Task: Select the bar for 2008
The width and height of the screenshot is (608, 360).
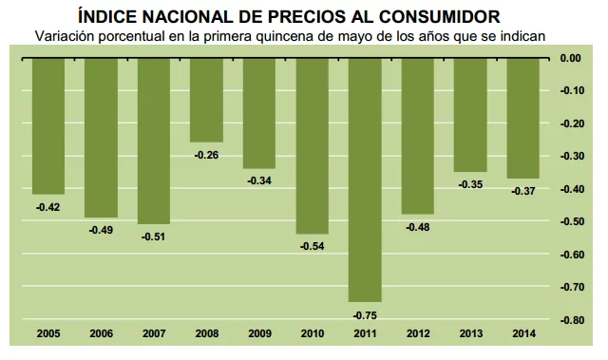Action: (206, 100)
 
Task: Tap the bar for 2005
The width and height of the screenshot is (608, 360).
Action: (48, 125)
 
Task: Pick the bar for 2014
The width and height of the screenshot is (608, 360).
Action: (522, 118)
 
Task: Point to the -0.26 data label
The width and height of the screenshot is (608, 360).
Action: (206, 155)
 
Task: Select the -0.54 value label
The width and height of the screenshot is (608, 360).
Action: (312, 246)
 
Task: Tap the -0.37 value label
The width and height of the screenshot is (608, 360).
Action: (522, 191)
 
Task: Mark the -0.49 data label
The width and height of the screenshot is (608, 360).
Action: (101, 230)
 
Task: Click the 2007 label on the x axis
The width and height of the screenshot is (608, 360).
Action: (154, 333)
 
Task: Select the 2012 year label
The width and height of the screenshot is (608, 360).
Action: (417, 333)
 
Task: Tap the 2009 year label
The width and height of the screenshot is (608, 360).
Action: (259, 333)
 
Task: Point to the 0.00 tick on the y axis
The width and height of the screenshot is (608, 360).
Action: (570, 59)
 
